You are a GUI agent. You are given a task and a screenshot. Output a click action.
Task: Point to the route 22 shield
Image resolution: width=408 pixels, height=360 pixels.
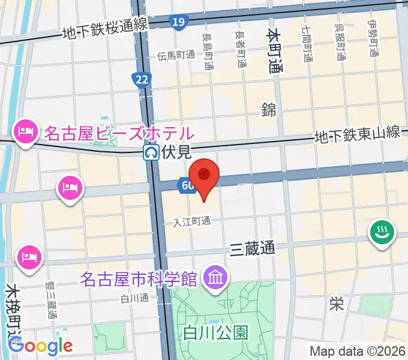pos(142,80)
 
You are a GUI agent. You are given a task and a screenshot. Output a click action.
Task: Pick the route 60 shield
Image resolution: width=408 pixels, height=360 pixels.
pos(186,186)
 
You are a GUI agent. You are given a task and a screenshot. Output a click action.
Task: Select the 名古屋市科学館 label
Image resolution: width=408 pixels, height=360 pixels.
pos(139,279)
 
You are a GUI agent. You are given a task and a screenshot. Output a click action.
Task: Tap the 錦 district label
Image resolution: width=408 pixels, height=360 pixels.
pos(268,109)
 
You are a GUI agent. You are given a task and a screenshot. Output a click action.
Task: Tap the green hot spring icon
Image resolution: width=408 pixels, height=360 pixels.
pos(381,233)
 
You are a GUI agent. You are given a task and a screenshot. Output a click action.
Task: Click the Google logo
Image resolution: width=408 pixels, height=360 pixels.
pos(40,346)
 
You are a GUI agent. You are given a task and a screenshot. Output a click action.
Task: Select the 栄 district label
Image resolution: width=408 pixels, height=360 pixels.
pos(336,304)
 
